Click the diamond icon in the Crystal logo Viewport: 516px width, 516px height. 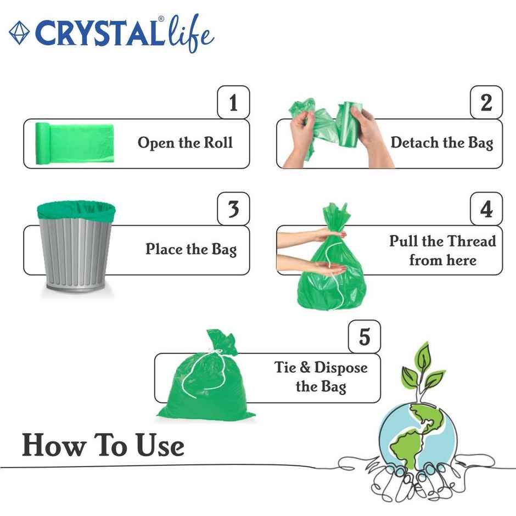tap(19, 33)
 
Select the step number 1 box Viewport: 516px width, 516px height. tap(233, 103)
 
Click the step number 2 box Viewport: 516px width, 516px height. tap(486, 103)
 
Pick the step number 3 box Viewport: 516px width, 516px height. tap(233, 209)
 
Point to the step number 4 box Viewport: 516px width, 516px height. tap(486, 209)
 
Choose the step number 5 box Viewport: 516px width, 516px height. tap(364, 336)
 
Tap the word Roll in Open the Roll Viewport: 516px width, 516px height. tap(218, 143)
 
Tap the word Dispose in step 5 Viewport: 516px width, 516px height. tap(341, 368)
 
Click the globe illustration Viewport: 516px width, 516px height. tap(417, 434)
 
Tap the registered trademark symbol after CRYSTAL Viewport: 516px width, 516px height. tap(161, 19)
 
